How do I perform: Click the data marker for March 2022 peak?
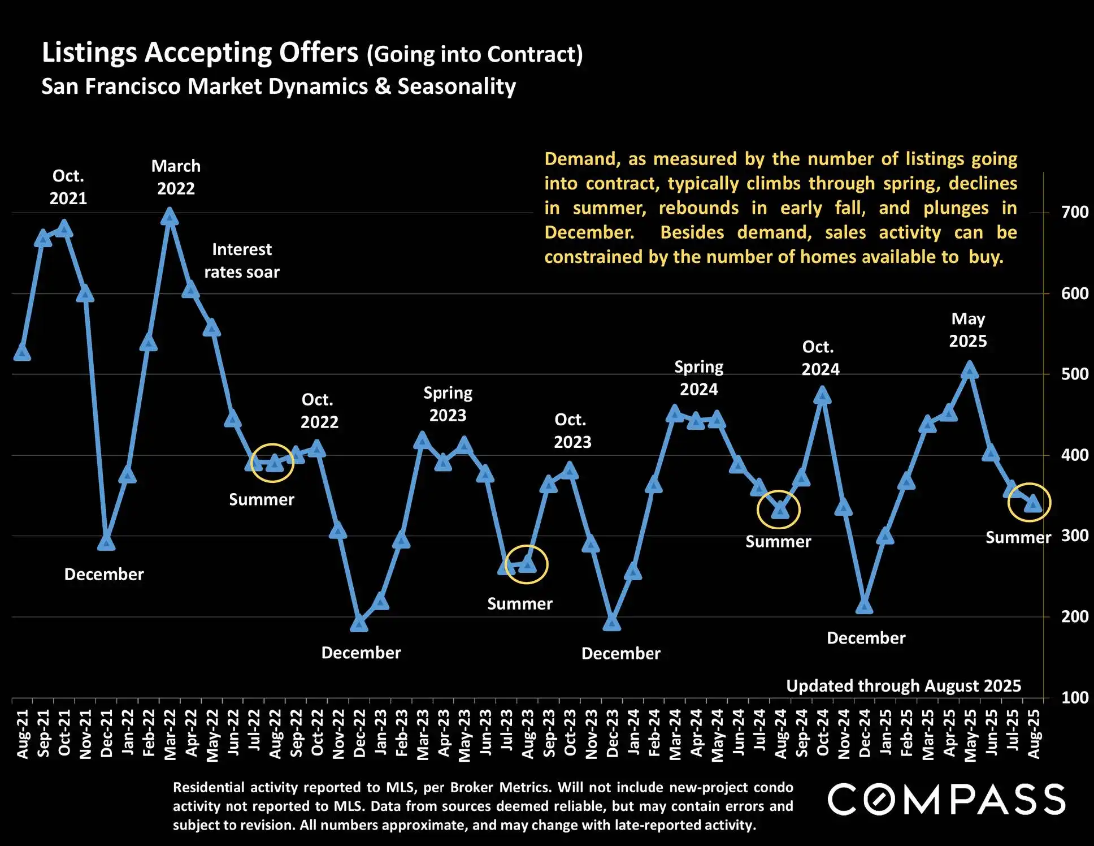point(170,217)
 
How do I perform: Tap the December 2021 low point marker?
point(106,542)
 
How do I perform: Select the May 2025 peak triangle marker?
point(970,370)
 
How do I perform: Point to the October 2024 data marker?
point(822,395)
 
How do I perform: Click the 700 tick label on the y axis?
point(1074,213)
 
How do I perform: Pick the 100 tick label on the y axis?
point(1074,697)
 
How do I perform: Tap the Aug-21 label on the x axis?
point(22,733)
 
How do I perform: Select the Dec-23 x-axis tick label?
point(613,733)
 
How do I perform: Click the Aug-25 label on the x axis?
point(1034,733)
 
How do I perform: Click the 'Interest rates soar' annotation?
point(242,261)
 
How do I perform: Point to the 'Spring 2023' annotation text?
point(448,404)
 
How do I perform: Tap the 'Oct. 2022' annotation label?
point(319,411)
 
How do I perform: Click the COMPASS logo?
point(946,799)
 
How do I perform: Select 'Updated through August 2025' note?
point(903,686)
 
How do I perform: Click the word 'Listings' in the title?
point(89,53)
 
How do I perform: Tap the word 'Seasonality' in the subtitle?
point(457,87)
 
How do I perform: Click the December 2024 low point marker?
point(864,606)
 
